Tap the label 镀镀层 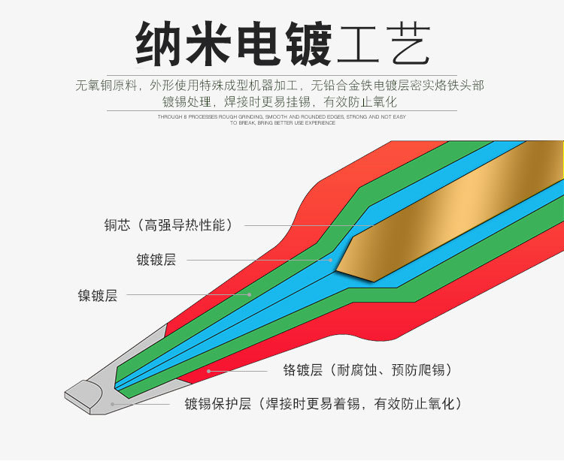point(156,260)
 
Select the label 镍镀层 point(98,295)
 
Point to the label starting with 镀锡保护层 point(323,404)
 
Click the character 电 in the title point(258,44)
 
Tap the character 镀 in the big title point(308,44)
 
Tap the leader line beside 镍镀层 point(188,295)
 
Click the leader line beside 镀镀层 point(256,260)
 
